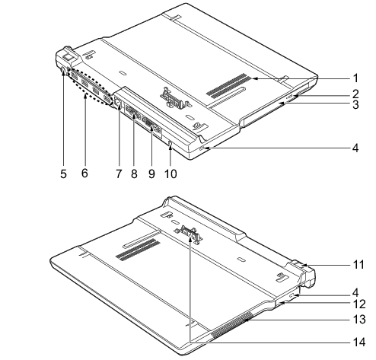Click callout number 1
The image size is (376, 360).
[355, 78]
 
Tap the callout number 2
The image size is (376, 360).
[355, 94]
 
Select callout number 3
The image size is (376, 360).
[355, 104]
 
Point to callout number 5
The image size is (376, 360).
[63, 174]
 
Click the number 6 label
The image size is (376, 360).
[84, 173]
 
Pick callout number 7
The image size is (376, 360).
[119, 174]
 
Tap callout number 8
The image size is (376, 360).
[134, 174]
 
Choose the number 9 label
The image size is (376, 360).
[151, 174]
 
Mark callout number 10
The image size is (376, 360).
[170, 174]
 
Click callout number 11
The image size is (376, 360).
[358, 265]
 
